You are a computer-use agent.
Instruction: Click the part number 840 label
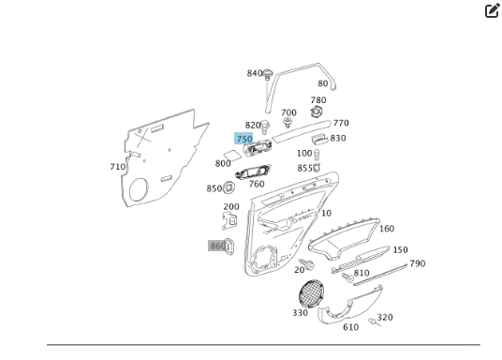tap(255, 73)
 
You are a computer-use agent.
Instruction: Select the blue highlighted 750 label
tap(244, 139)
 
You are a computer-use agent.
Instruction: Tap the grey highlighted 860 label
tap(217, 246)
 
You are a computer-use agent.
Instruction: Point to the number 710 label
tap(117, 167)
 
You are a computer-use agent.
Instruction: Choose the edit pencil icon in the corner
tap(492, 11)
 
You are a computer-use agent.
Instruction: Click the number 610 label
tap(350, 327)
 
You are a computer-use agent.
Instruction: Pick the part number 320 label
tap(385, 318)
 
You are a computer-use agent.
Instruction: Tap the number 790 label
tap(417, 263)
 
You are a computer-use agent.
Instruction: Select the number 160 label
tap(386, 229)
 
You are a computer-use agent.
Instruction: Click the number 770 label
tap(341, 123)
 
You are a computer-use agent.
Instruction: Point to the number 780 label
tap(318, 100)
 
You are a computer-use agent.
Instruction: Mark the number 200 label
tap(230, 207)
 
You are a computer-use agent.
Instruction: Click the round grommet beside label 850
tap(229, 188)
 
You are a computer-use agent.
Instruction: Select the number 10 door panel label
tap(326, 213)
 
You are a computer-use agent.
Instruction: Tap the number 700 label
tap(288, 112)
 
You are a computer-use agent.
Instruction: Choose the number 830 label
tap(337, 138)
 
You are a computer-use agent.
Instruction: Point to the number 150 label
tap(400, 250)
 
